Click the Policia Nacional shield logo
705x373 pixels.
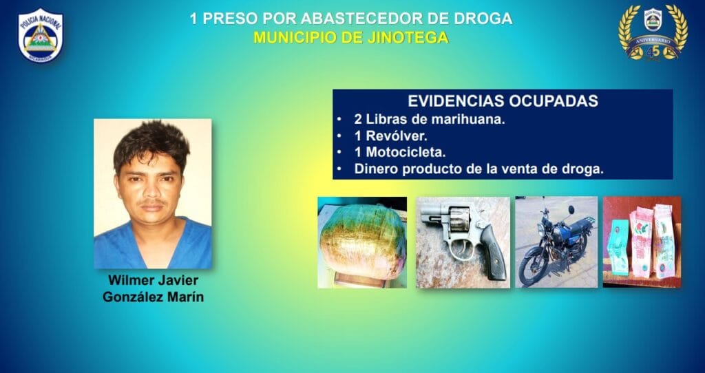[x=40, y=36]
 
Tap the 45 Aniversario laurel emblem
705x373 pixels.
[x=653, y=32]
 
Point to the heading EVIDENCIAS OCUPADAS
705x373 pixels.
[x=503, y=101]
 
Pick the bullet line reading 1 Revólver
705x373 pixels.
[x=391, y=136]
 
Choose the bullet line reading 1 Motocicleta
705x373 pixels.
[x=400, y=152]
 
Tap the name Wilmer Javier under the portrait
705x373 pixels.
[x=153, y=280]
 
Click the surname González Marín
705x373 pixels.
[x=153, y=297]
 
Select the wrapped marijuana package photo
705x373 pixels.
[x=362, y=242]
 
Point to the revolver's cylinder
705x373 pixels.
[x=458, y=220]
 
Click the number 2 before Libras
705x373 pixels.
[x=358, y=120]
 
